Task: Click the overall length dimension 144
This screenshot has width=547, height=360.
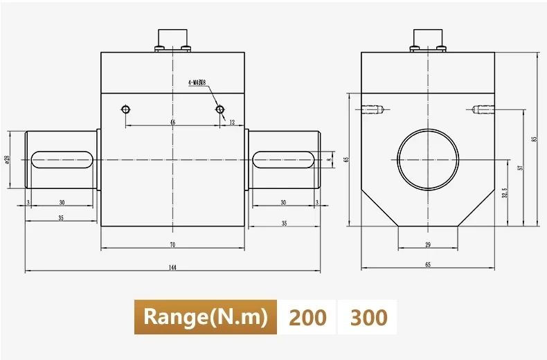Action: pos(172,267)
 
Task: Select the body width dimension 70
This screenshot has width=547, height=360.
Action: pos(172,244)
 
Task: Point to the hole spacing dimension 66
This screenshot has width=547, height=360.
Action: pos(172,122)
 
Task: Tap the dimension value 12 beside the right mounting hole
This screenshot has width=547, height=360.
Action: pos(232,122)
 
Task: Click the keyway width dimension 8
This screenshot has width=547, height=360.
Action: pos(329,159)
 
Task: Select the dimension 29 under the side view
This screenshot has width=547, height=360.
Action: pos(427,244)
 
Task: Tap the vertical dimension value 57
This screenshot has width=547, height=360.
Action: pos(519,167)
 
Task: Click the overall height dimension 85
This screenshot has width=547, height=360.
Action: pos(534,139)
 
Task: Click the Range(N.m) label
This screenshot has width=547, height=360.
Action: pos(205,317)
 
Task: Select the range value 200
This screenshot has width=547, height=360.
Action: pos(307,317)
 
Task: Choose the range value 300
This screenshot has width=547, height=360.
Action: pos(368,317)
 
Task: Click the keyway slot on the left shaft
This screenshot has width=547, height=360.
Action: pos(61,159)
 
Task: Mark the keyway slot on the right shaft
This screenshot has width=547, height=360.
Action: pos(283,159)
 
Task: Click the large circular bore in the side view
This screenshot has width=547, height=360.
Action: pos(427,159)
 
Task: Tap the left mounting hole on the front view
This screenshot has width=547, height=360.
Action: pos(125,109)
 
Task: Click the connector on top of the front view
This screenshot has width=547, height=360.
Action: pos(172,39)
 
